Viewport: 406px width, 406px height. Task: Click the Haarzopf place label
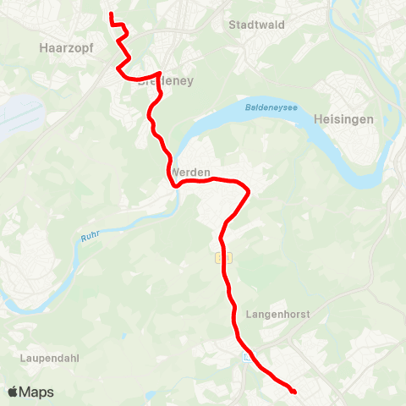[66, 49]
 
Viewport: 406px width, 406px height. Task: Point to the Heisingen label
[343, 120]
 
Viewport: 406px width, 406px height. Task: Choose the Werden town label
[190, 173]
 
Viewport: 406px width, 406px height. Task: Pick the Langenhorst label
[277, 314]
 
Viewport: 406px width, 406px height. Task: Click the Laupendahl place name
[49, 358]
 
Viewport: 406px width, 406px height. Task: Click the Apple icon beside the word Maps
[13, 392]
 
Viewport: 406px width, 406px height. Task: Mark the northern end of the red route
[112, 14]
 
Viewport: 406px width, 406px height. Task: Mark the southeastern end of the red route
[294, 392]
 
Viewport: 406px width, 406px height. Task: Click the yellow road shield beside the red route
[222, 257]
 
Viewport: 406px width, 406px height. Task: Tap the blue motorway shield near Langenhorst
[245, 358]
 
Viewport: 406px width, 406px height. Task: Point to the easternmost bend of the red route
[250, 194]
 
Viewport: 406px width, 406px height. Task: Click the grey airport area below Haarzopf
[19, 110]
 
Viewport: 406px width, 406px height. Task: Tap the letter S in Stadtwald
[233, 25]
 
